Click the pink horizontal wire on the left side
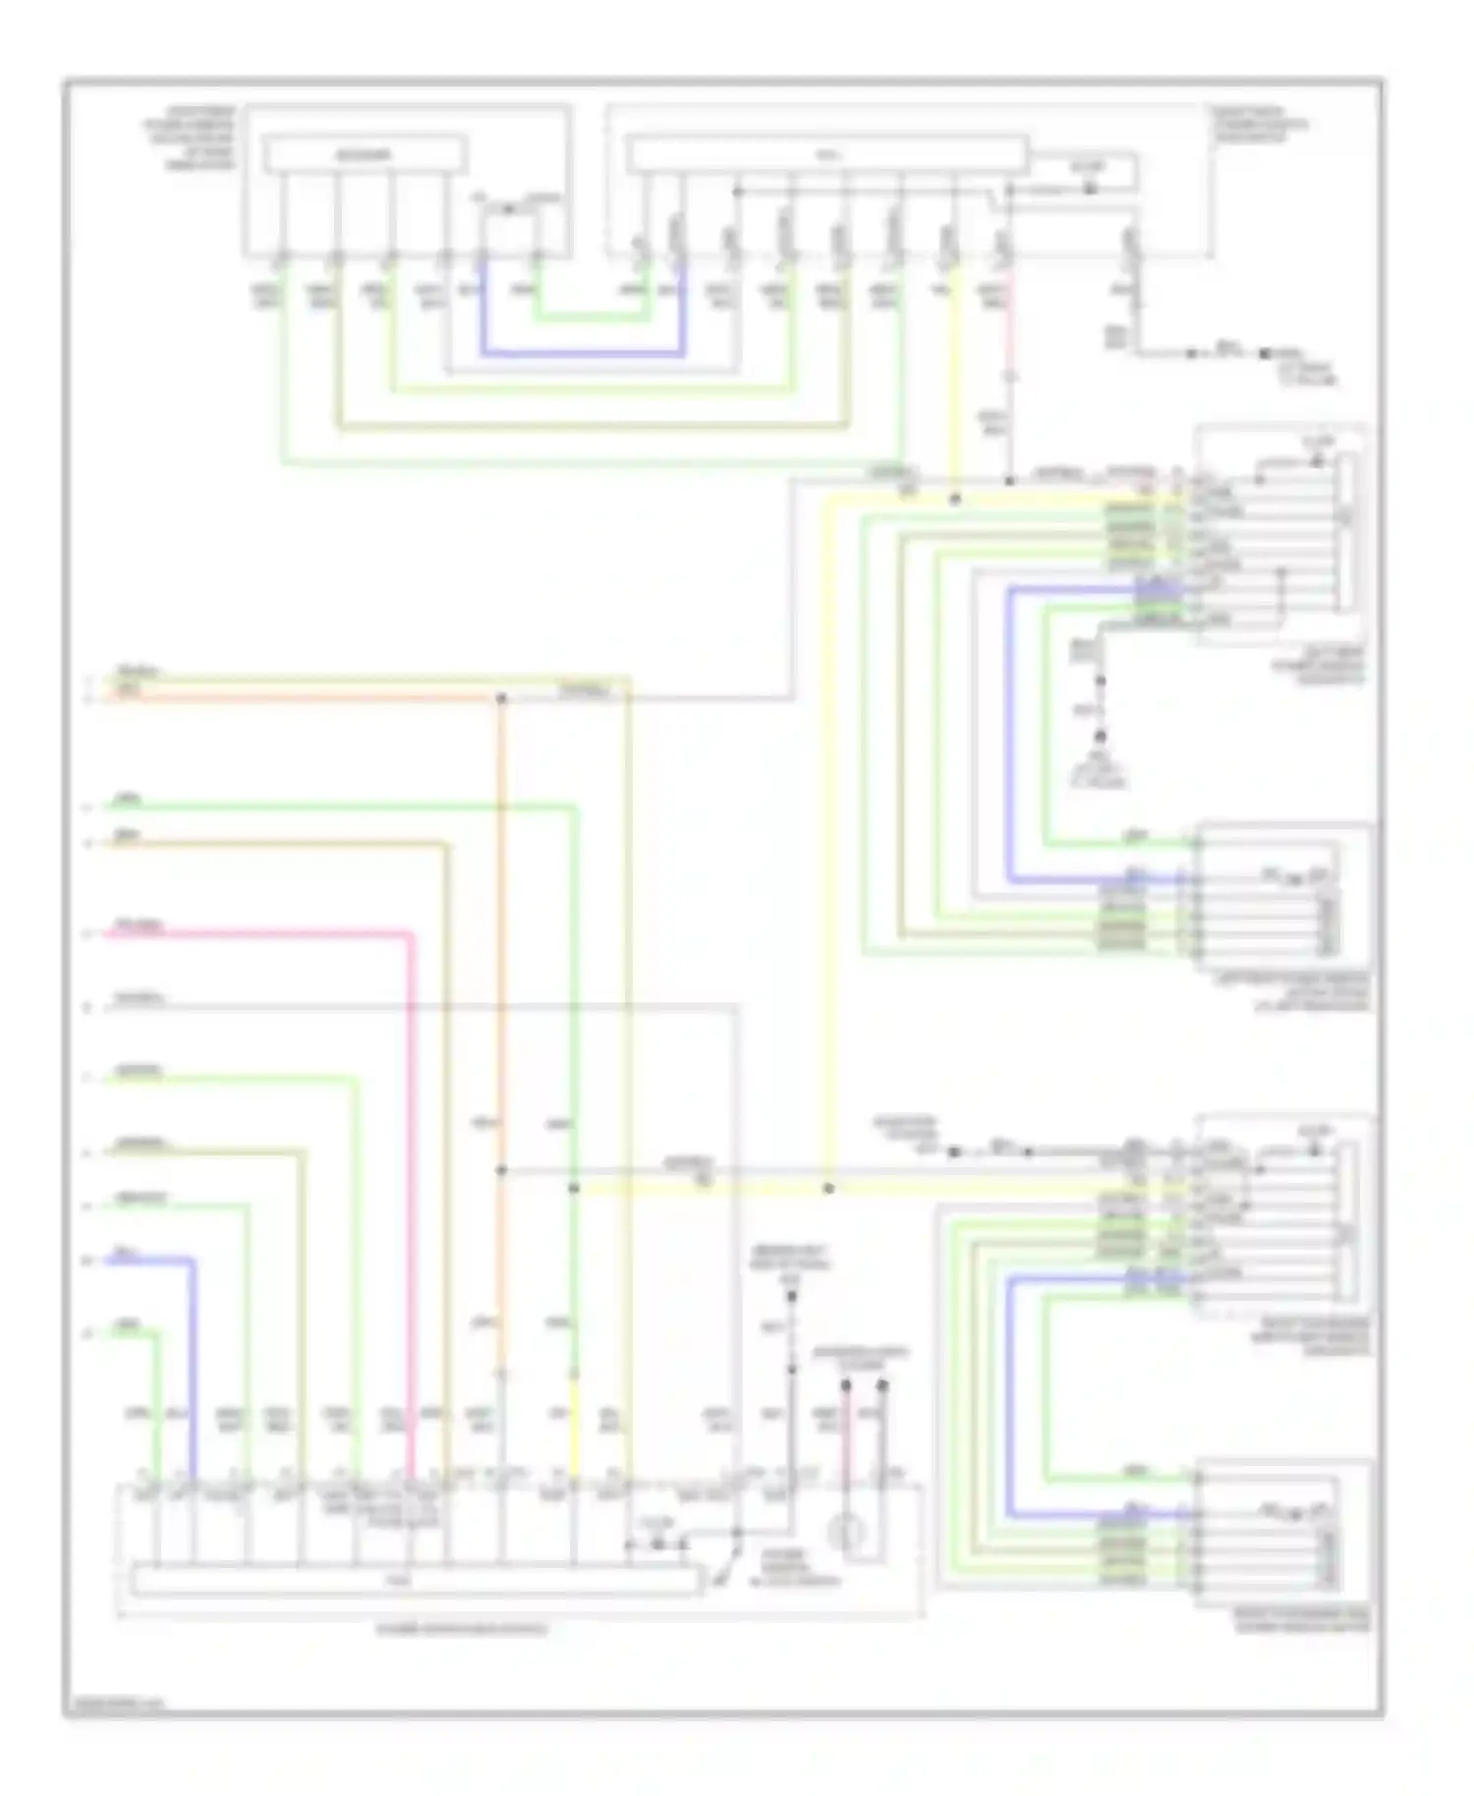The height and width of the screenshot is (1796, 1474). point(255,932)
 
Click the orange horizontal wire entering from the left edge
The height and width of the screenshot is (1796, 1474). point(295,699)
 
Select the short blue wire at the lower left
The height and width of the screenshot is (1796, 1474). point(147,1260)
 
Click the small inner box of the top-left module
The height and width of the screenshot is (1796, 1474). point(364,155)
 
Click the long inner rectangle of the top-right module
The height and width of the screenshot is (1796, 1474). point(826,155)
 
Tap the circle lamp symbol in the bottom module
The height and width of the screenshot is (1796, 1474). point(847,1532)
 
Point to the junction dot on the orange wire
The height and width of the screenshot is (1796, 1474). point(501,699)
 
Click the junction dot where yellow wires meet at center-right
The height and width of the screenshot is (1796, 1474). point(828,1189)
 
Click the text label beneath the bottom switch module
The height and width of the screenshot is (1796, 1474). point(462,1629)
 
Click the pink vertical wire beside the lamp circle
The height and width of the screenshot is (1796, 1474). point(846,1444)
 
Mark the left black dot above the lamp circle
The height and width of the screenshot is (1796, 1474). point(845,1385)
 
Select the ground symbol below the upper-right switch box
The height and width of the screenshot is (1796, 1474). point(1101,737)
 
